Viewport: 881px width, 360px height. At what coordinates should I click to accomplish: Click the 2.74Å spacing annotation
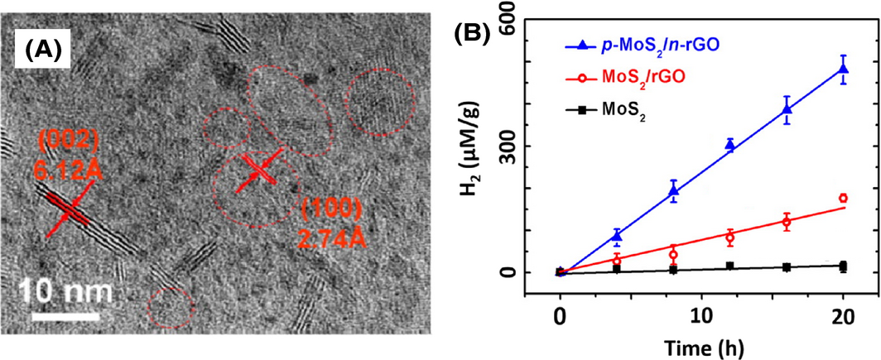[333, 239]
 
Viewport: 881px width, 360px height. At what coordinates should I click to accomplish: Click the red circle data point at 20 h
[843, 198]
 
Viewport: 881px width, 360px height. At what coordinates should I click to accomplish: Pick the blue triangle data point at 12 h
[729, 145]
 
